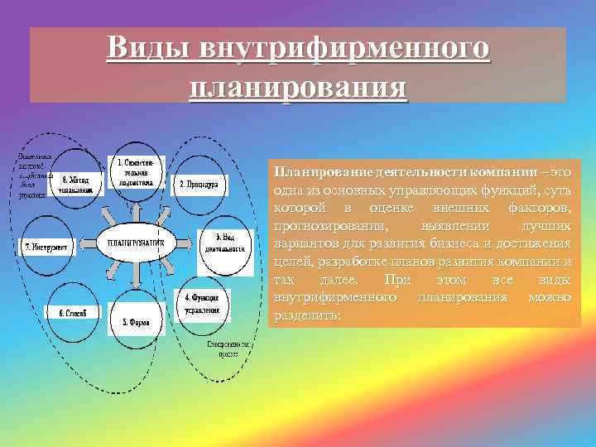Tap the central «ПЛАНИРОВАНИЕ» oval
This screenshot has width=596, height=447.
137,243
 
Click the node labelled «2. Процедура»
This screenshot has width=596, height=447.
199,185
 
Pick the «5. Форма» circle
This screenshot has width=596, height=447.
137,321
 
